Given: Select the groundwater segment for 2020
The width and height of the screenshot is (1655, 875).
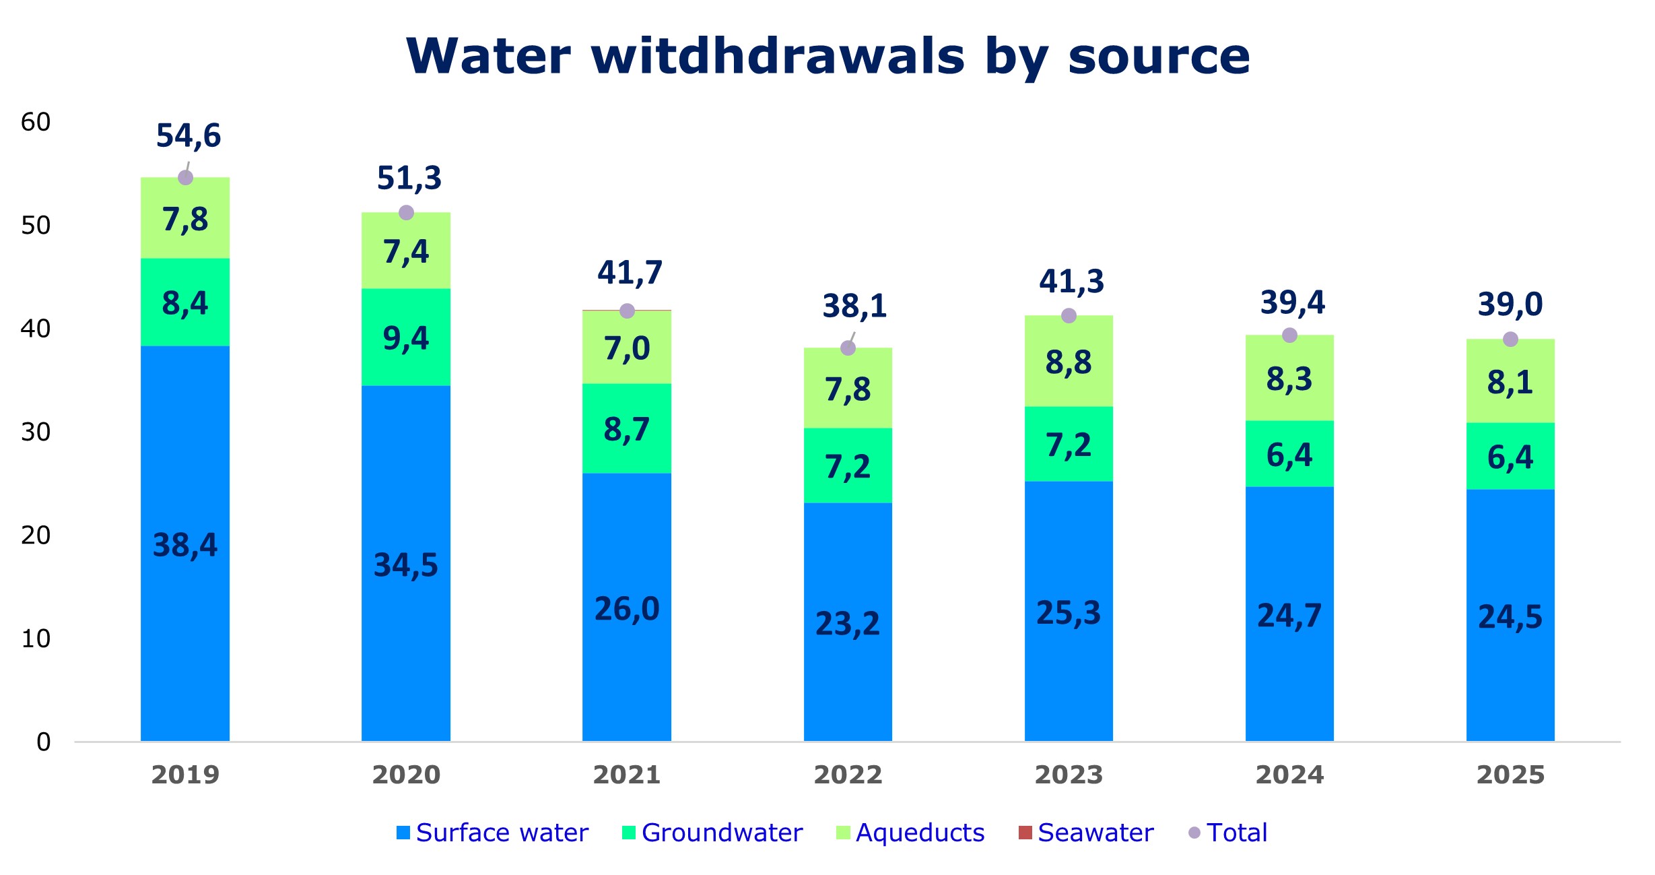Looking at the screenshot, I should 406,337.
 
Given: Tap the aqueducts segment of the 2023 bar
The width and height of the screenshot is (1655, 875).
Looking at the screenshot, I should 1069,362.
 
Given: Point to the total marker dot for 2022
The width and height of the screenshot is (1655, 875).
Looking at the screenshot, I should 848,348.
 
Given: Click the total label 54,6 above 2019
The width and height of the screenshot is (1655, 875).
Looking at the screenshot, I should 189,135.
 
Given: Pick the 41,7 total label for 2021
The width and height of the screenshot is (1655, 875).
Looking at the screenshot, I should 630,273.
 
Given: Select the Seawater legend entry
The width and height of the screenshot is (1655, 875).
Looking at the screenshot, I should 1086,833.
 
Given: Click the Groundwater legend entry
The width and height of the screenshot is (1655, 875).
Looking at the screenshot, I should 712,833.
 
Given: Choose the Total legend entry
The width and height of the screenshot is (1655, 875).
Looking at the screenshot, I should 1228,833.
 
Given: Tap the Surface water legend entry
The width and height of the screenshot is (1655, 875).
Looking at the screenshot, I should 493,833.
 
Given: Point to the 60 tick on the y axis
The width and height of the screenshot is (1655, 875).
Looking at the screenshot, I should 36,122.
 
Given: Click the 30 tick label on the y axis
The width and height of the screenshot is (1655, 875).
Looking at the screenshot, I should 36,432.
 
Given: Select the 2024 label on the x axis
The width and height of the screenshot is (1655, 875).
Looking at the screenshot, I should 1289,775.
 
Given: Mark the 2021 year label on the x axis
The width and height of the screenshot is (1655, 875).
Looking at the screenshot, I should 627,775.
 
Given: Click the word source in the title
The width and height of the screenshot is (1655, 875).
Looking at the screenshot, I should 1159,55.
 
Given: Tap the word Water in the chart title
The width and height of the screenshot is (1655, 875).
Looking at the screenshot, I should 489,55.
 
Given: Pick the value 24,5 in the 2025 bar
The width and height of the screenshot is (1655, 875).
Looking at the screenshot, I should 1510,616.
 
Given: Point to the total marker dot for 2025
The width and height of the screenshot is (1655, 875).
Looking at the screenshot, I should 1510,339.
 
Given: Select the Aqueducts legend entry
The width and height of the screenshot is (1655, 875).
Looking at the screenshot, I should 910,833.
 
